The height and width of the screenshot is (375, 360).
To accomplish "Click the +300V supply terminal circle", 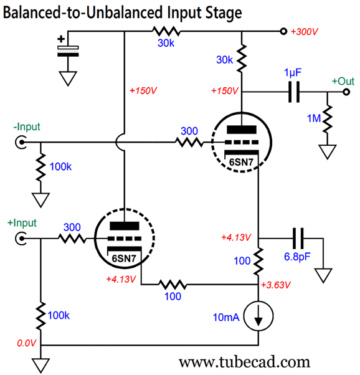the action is pyautogui.click(x=283, y=31).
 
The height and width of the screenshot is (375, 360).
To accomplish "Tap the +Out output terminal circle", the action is pyautogui.click(x=346, y=92).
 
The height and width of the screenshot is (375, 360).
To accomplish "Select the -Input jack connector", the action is pyautogui.click(x=21, y=142).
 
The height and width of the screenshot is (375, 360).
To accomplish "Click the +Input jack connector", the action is pyautogui.click(x=21, y=239).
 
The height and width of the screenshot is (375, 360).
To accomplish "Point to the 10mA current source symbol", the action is pyautogui.click(x=258, y=316).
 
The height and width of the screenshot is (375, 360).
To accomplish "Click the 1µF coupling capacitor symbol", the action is pyautogui.click(x=294, y=92).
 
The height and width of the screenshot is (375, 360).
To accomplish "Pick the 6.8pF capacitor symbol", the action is pyautogui.click(x=298, y=239).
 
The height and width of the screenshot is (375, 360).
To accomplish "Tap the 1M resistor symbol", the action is pyautogui.click(x=327, y=118).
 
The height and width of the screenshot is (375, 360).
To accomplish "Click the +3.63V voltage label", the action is pyautogui.click(x=276, y=285).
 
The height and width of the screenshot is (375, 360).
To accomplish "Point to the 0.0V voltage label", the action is pyautogui.click(x=27, y=343).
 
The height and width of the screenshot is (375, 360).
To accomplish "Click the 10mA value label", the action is pyautogui.click(x=226, y=317).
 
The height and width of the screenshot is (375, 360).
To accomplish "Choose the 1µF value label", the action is pyautogui.click(x=293, y=72).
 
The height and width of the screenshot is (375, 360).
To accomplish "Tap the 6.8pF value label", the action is pyautogui.click(x=297, y=257).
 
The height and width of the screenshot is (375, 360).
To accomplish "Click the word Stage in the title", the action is pyautogui.click(x=224, y=12).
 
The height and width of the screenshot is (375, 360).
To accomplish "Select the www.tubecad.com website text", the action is pyautogui.click(x=244, y=362).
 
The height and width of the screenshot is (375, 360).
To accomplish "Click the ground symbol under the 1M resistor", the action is pyautogui.click(x=327, y=151).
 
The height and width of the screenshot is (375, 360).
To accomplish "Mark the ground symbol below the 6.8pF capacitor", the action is pyautogui.click(x=323, y=275).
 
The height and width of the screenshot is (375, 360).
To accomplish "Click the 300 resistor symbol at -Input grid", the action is pyautogui.click(x=189, y=142).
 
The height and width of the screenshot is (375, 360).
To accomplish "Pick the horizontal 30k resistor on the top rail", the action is pyautogui.click(x=166, y=31).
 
